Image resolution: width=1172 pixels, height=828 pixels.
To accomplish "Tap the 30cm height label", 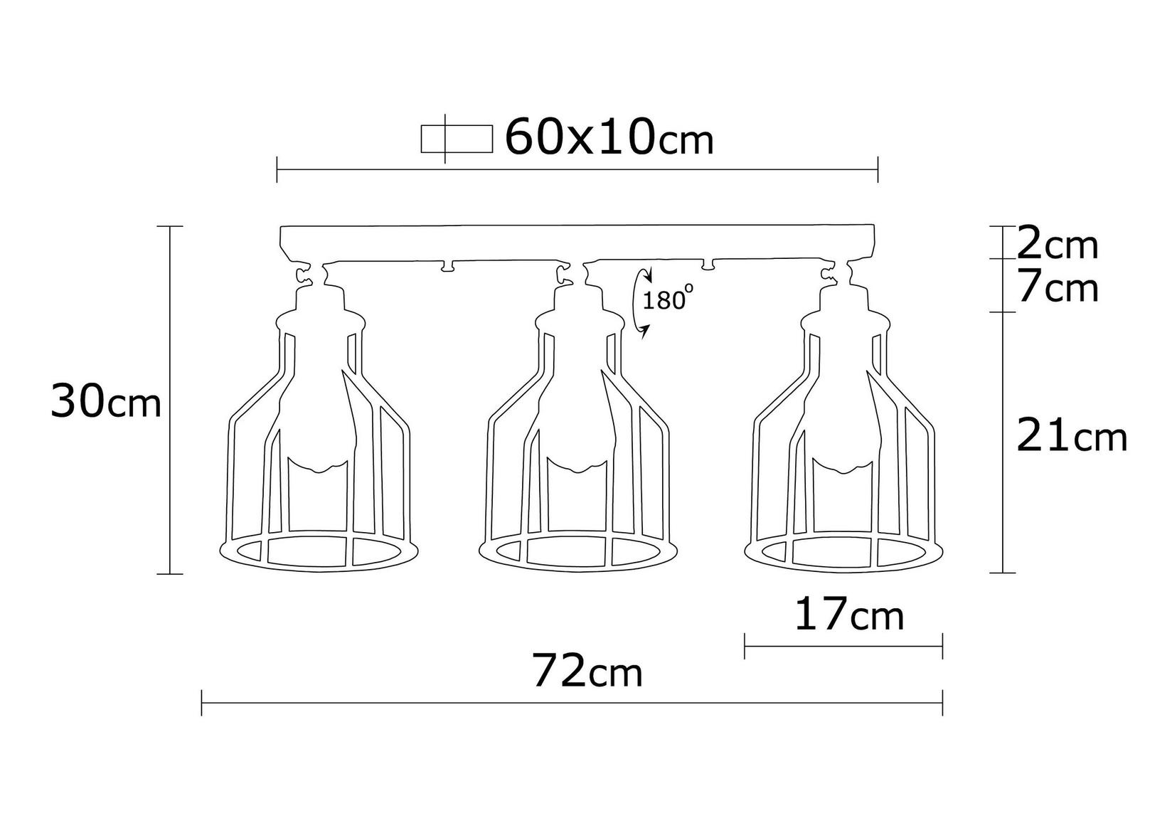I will pyautogui.click(x=106, y=403).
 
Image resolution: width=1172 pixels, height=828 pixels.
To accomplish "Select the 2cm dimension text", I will pyautogui.click(x=1058, y=245).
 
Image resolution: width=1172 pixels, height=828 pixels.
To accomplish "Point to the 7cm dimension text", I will pyautogui.click(x=1058, y=288).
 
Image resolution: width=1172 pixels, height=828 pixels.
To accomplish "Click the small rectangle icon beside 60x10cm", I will pyautogui.click(x=457, y=139).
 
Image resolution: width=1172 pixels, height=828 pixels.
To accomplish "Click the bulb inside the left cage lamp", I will pyautogui.click(x=317, y=420).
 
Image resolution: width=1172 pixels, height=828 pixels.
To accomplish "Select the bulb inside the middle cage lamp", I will pyautogui.click(x=576, y=420).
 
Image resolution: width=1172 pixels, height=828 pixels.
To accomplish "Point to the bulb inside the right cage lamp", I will pyautogui.click(x=839, y=420).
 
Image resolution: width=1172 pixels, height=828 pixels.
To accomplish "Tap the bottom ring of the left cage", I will pyautogui.click(x=317, y=553).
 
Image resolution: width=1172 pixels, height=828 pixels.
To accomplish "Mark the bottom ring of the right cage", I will pyautogui.click(x=843, y=553).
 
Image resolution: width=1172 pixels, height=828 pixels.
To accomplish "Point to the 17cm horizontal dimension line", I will pyautogui.click(x=843, y=646).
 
